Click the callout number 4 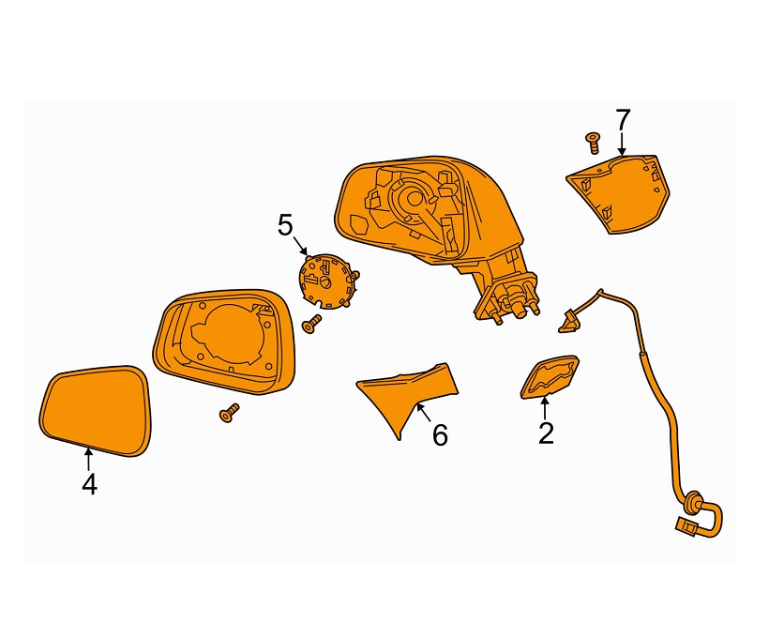(89, 484)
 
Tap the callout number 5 (285, 226)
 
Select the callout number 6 (440, 435)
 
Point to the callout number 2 (546, 433)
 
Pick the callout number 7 (623, 120)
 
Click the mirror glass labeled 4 (95, 411)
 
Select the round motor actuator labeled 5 (327, 281)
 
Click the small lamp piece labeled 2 (550, 376)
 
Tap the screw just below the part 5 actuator (311, 324)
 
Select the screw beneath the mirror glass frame (229, 413)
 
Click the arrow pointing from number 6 (423, 411)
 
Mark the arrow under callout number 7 (622, 144)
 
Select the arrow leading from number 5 (300, 247)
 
